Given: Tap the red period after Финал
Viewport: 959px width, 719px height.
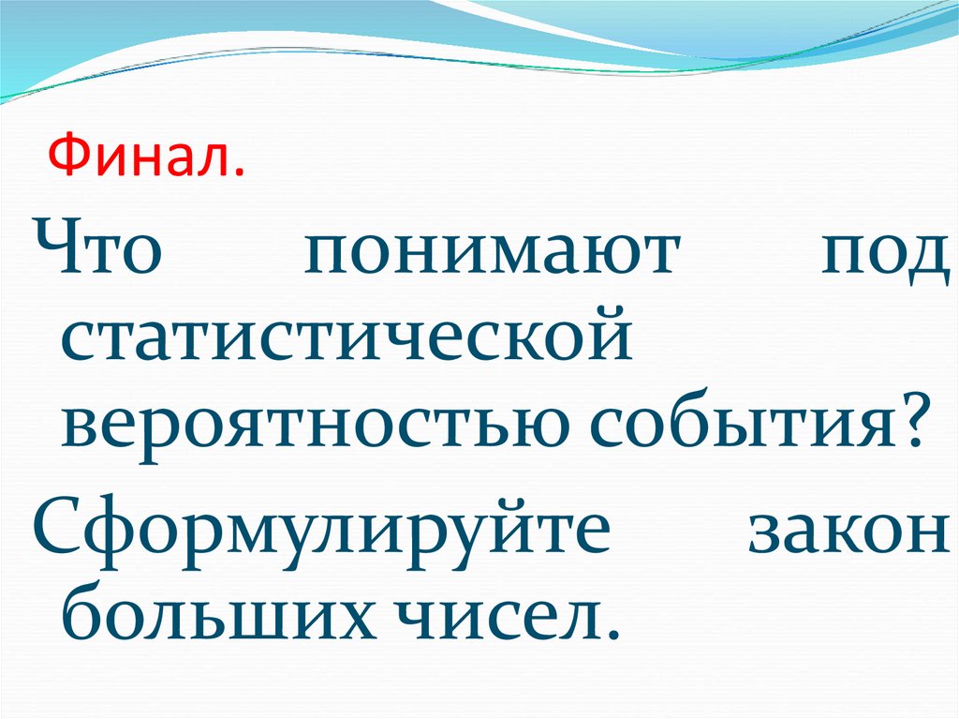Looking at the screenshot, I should click(x=242, y=174).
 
